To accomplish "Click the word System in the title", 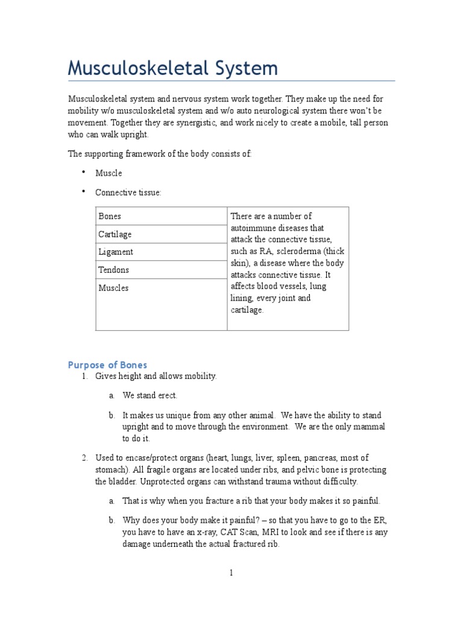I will (244, 68).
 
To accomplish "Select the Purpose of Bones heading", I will (107, 365).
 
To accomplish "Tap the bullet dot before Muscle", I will (83, 172).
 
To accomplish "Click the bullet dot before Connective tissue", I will (83, 191).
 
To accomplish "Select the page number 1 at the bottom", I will (231, 573).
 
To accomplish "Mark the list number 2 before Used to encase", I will (84, 458).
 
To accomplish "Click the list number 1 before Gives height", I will (84, 376).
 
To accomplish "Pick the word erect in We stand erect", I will (166, 395).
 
